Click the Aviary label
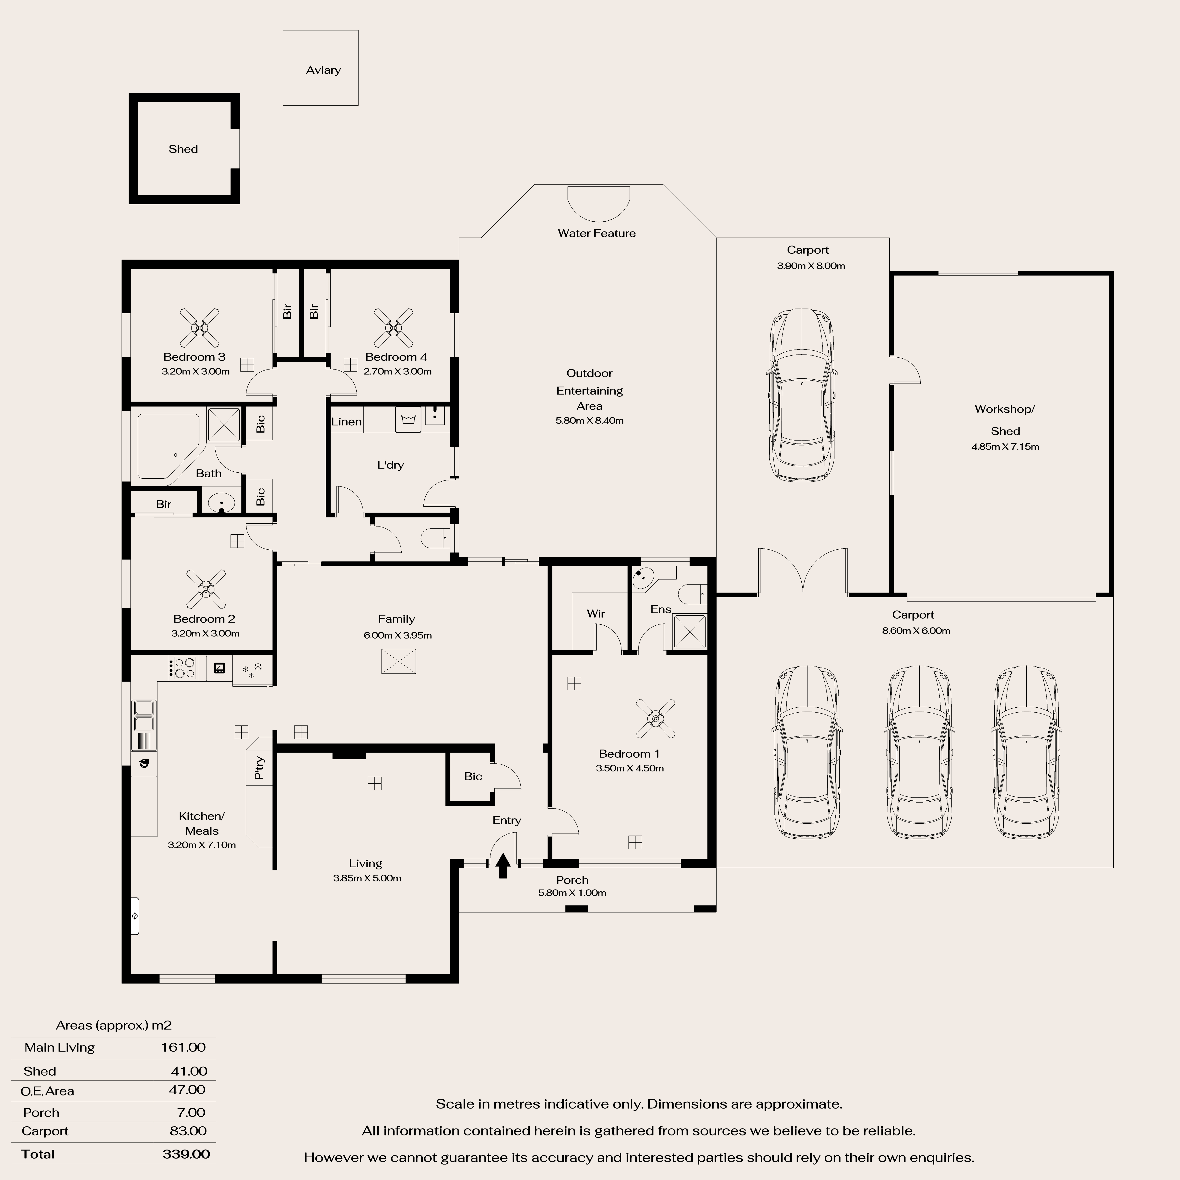click(323, 70)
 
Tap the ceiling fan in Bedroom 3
click(200, 327)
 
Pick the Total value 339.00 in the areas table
click(186, 1154)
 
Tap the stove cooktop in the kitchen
click(182, 667)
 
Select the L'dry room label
click(390, 465)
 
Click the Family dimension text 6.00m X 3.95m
click(398, 635)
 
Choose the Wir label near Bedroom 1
click(596, 614)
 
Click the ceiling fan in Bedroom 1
click(655, 718)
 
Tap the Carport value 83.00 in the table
click(188, 1130)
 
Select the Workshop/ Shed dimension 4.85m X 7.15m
click(1005, 446)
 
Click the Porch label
click(572, 880)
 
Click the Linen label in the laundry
click(346, 421)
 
